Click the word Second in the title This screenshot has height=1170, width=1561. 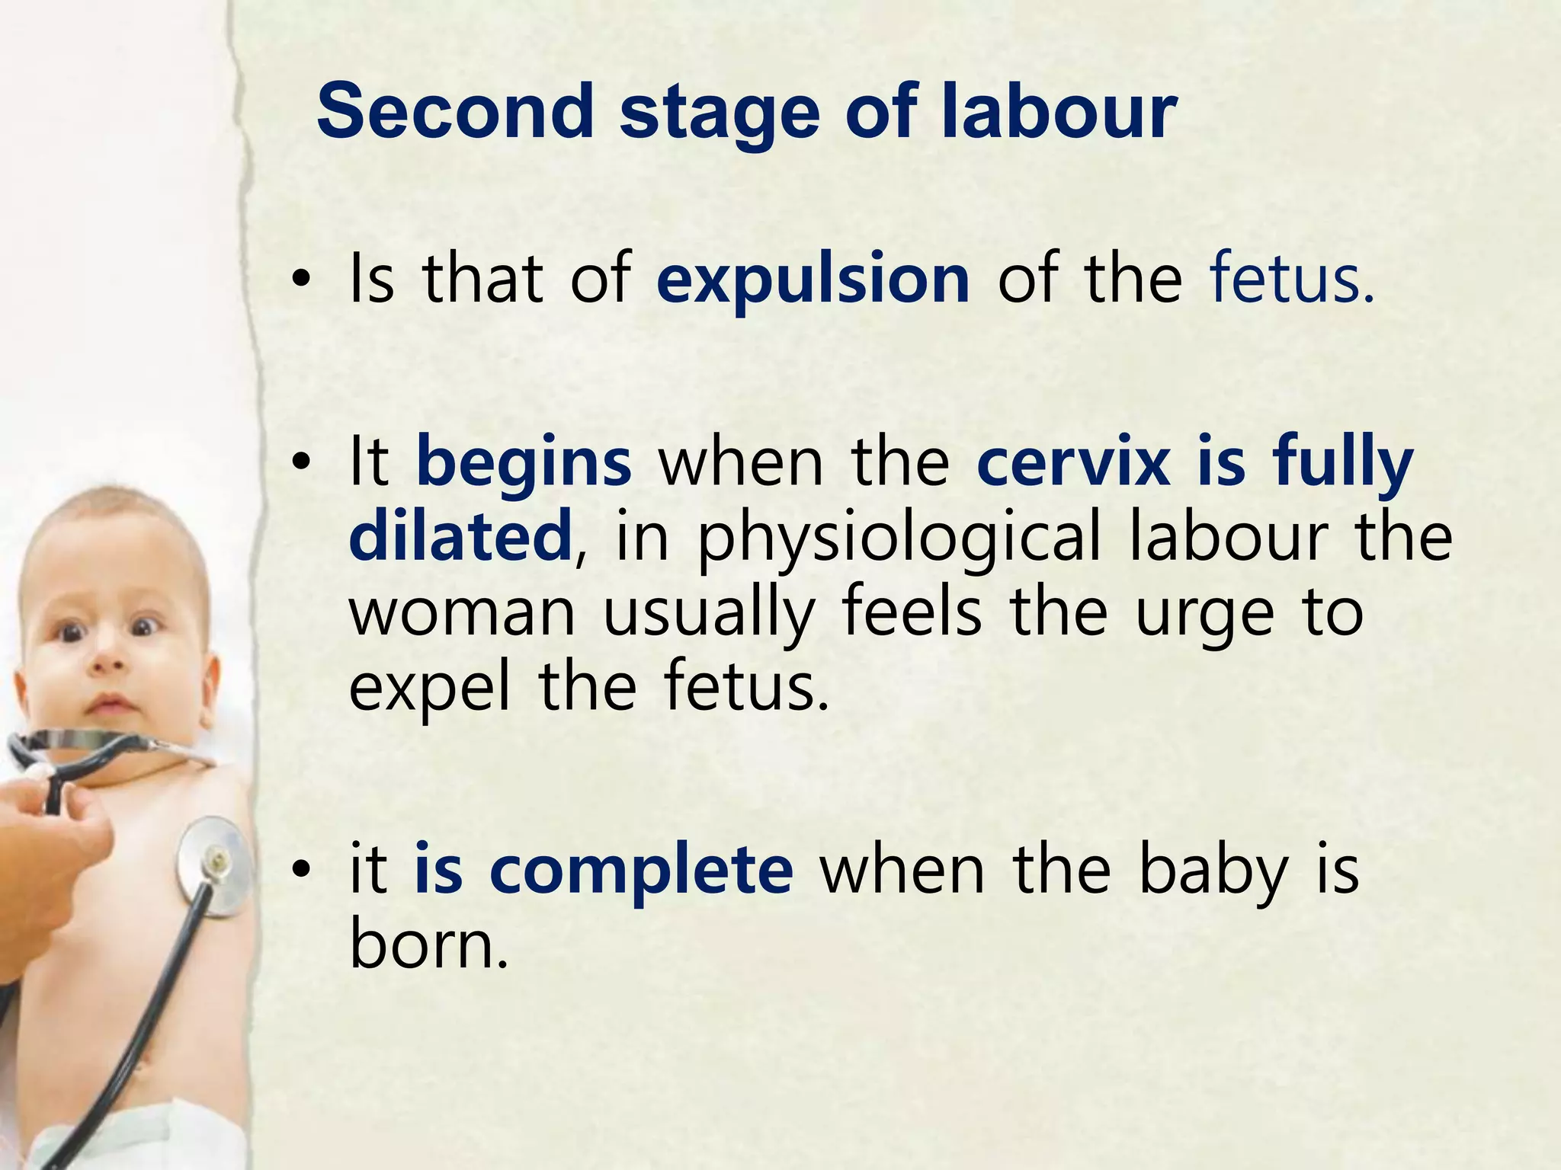pyautogui.click(x=455, y=112)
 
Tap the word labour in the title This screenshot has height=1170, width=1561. pyautogui.click(x=1059, y=112)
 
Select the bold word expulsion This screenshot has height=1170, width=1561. pyautogui.click(x=813, y=280)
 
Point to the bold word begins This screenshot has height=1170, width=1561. pyautogui.click(x=524, y=463)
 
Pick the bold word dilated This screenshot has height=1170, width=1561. pyautogui.click(x=460, y=536)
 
